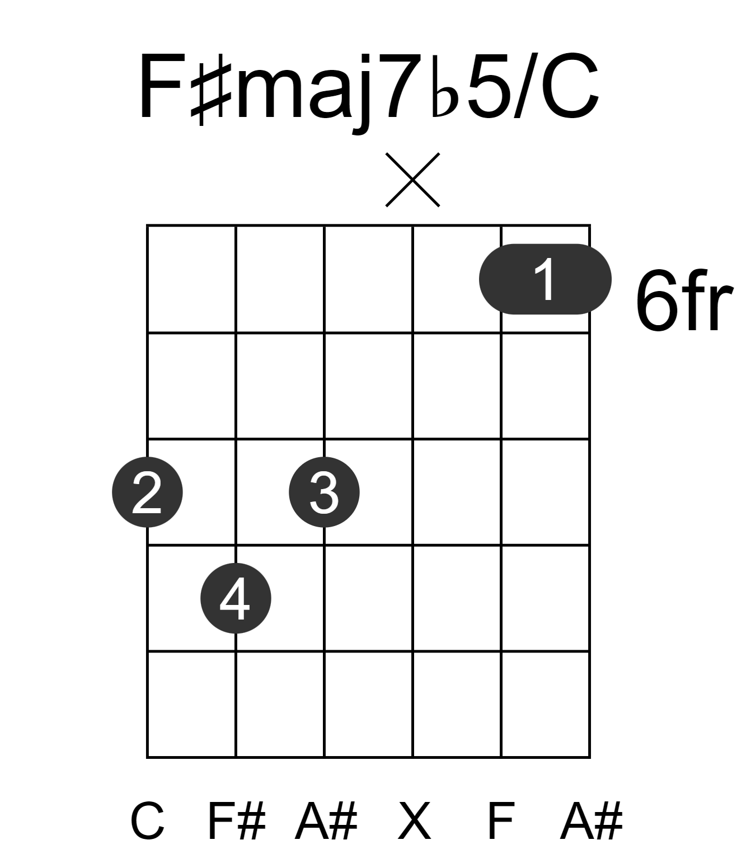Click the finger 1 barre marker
pyautogui.click(x=544, y=279)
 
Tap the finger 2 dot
pyautogui.click(x=147, y=492)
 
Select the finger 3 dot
pyautogui.click(x=324, y=492)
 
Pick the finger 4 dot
pyautogui.click(x=236, y=598)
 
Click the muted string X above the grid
pyautogui.click(x=412, y=180)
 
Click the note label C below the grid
pyautogui.click(x=147, y=820)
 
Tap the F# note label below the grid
pyautogui.click(x=237, y=820)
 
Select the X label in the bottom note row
pyautogui.click(x=414, y=820)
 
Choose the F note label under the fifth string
pyautogui.click(x=501, y=820)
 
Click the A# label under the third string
pyautogui.click(x=326, y=820)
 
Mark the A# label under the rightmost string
pyautogui.click(x=592, y=820)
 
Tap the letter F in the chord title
pyautogui.click(x=162, y=86)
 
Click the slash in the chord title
pyautogui.click(x=525, y=86)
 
